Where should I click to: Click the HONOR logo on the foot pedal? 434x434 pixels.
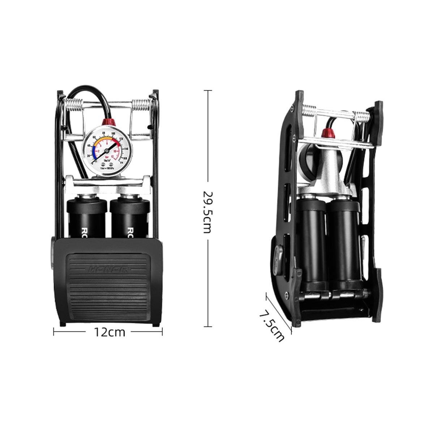pos(108,268)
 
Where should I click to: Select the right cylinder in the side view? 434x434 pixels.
pos(342,246)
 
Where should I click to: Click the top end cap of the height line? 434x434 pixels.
pos(207,90)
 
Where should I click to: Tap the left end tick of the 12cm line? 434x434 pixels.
pos(54,331)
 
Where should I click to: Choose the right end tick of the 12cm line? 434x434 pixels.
pos(162,331)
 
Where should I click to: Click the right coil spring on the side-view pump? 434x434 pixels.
pos(362,117)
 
